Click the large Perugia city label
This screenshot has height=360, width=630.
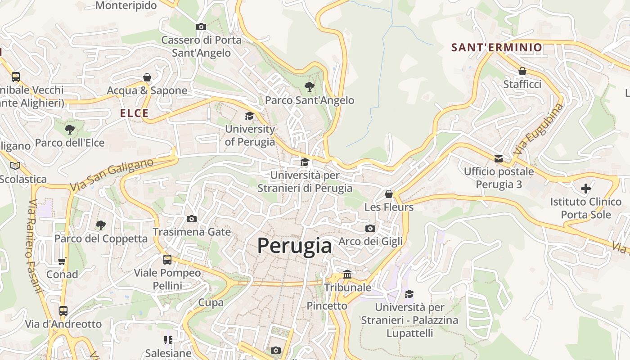point(295,246)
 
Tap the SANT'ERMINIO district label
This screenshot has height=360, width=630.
point(497,48)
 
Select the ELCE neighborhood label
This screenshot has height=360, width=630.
point(134,113)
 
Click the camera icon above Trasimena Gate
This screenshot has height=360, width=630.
point(192,219)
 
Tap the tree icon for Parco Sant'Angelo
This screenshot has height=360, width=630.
point(309,87)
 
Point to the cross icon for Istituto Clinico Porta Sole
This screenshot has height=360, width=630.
point(585,189)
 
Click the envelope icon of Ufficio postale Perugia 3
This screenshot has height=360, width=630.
point(499,159)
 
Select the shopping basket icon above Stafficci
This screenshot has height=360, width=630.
point(522,71)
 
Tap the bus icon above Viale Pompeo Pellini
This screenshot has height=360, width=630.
point(167,260)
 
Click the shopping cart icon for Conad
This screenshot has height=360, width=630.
point(62,261)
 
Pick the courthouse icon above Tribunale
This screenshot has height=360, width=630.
point(347,274)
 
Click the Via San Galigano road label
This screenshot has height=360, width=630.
point(112,175)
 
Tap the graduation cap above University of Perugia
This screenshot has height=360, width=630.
point(249,116)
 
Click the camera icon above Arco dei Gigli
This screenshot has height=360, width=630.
point(370,229)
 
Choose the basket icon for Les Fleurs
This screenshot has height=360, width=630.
point(389,194)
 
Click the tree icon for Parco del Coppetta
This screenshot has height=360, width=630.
point(101,225)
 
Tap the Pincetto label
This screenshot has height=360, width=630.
point(327,306)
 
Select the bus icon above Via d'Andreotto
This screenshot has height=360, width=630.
point(63,311)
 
